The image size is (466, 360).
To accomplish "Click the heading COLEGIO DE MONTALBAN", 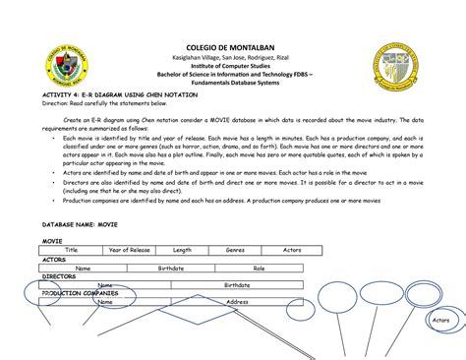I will (x=233, y=46).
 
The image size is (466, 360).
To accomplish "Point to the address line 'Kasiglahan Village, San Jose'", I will (x=233, y=58).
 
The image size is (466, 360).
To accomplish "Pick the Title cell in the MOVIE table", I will (x=72, y=251).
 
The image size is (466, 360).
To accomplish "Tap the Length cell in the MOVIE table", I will (x=182, y=251).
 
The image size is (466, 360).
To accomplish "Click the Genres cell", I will (x=236, y=251).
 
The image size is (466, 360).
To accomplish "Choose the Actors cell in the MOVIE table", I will (x=292, y=251).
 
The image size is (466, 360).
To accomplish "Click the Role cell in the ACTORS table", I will (x=260, y=268).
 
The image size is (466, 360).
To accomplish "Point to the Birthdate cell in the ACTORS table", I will (x=171, y=268).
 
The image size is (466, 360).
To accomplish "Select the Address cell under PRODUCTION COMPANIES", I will (x=237, y=302).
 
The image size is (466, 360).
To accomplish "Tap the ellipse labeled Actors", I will (x=440, y=321).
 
